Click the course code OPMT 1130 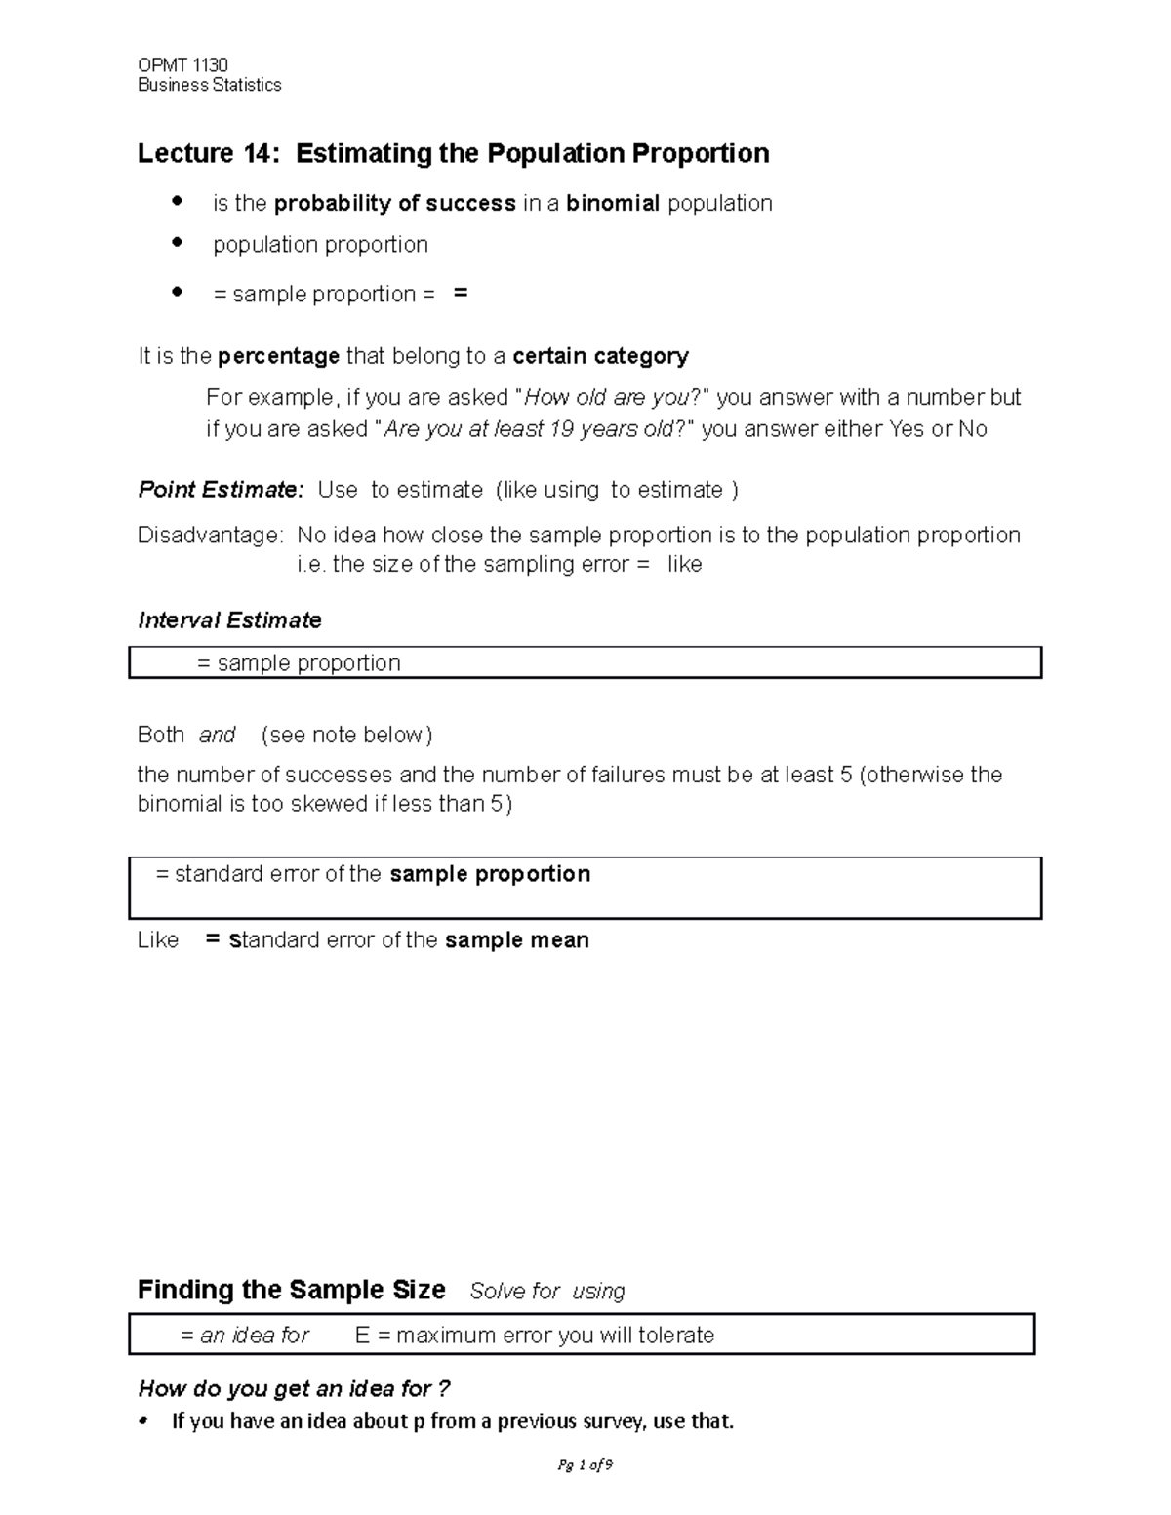click(x=182, y=66)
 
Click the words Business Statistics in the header click(x=209, y=86)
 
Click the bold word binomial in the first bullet click(x=613, y=204)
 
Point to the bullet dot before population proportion click(x=177, y=242)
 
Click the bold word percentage click(x=279, y=356)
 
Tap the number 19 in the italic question click(x=561, y=429)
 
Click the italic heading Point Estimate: click(x=222, y=490)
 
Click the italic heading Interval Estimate click(x=229, y=620)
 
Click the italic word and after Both click(x=217, y=735)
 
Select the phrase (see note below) click(x=346, y=735)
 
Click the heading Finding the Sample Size click(x=291, y=1291)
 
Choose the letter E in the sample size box click(x=362, y=1336)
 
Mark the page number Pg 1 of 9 click(x=585, y=1465)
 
